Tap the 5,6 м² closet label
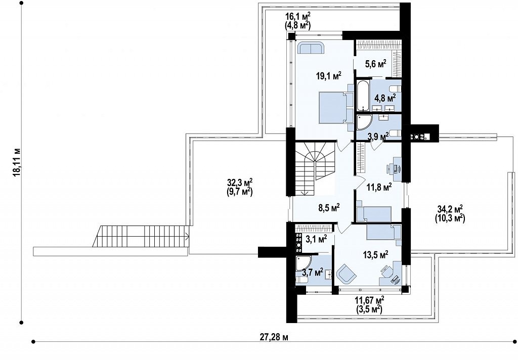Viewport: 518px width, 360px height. [x=376, y=64]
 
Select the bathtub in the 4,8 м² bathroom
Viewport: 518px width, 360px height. [x=363, y=96]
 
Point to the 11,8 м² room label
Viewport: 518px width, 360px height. [x=379, y=187]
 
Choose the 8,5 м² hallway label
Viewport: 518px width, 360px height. [x=329, y=208]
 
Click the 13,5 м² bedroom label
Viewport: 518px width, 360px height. [x=376, y=255]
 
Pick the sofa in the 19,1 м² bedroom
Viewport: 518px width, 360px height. [x=311, y=48]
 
